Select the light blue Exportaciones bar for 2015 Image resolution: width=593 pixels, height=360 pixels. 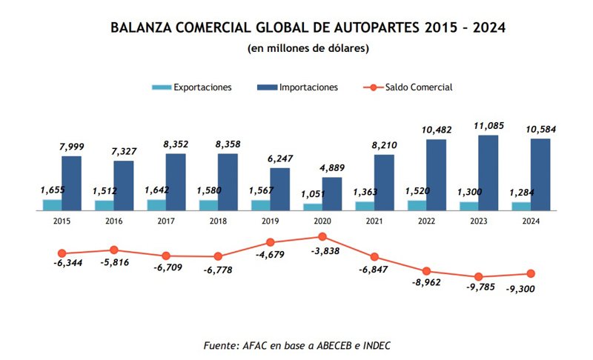coord(52,205)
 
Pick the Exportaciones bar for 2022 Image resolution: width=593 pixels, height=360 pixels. coord(417,205)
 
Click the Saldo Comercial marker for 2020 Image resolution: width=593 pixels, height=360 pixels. coord(322,237)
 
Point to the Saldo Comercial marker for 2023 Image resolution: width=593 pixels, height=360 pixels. coord(479,276)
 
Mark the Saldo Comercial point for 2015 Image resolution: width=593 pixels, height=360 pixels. coord(62,253)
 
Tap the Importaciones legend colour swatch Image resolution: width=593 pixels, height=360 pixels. coord(267,87)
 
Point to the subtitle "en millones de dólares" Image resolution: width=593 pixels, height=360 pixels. coord(308,49)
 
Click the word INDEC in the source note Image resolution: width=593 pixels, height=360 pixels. coord(376,345)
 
